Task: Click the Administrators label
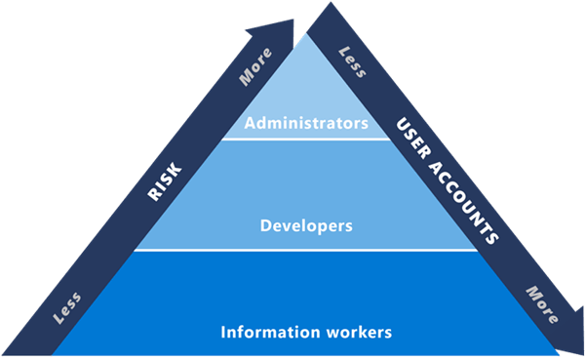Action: pos(306,124)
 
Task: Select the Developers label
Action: pos(306,226)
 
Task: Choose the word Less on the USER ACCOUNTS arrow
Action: pos(351,62)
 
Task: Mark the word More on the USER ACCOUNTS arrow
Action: pos(541,303)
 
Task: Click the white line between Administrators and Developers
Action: pos(306,139)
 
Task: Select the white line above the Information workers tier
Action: pos(306,250)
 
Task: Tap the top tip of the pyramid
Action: pos(307,36)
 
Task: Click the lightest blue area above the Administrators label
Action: pos(306,83)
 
